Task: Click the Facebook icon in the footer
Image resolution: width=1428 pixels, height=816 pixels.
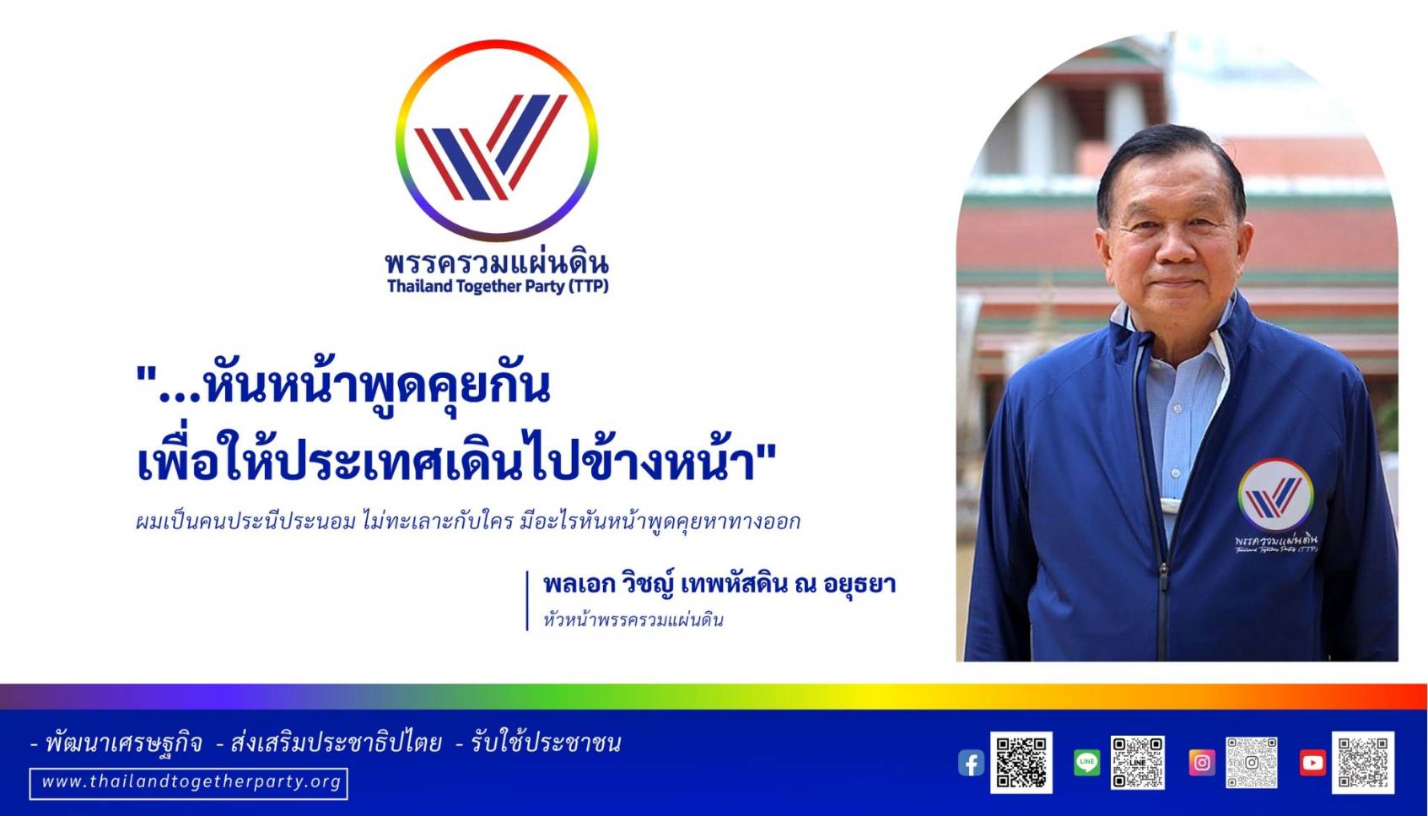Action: (x=971, y=763)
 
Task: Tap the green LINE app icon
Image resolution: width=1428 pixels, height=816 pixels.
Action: (x=1086, y=762)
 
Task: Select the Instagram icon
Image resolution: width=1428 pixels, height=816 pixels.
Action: (x=1202, y=762)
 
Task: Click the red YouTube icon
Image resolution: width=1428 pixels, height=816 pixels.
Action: (x=1312, y=762)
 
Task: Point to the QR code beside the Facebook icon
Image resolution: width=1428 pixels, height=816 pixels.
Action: (x=1021, y=762)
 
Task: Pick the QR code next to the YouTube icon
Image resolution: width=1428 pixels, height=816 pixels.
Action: (x=1363, y=762)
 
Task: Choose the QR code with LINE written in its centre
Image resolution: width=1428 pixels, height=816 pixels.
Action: (x=1138, y=762)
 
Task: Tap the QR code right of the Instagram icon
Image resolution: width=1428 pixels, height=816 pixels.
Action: (x=1252, y=762)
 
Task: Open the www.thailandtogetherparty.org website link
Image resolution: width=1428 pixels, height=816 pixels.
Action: (x=189, y=783)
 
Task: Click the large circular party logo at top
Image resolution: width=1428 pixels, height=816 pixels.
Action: (x=497, y=140)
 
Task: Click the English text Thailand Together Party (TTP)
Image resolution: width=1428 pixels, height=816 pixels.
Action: (x=498, y=286)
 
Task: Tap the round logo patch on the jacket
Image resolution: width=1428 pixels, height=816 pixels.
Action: (x=1275, y=495)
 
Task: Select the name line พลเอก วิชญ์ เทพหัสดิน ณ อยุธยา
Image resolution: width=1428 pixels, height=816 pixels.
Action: (x=719, y=585)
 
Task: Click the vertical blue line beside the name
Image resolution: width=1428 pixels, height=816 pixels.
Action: (x=527, y=600)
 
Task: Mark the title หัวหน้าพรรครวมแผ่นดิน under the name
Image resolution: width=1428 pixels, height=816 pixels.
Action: (x=633, y=619)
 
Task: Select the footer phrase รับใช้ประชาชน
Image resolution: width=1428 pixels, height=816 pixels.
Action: (x=546, y=743)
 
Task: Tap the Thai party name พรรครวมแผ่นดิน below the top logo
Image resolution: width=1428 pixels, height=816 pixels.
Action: (x=497, y=262)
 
